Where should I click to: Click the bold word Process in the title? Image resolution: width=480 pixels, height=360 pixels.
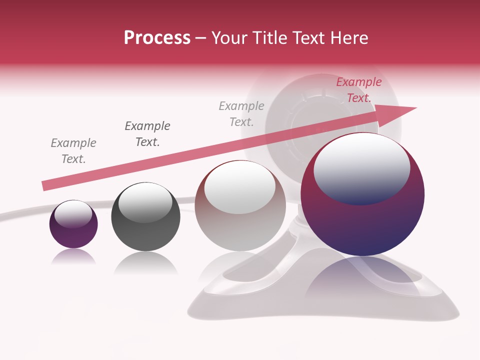(157, 38)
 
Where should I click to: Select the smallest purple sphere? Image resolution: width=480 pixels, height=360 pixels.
(73, 224)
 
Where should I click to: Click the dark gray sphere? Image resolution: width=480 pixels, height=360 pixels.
(145, 217)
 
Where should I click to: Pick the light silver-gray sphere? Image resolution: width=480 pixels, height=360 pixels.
(240, 206)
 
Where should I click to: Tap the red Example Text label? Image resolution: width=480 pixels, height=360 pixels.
(358, 90)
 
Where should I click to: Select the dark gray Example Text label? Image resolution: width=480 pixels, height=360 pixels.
(147, 134)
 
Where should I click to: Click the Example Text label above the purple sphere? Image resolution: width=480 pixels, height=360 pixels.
(73, 151)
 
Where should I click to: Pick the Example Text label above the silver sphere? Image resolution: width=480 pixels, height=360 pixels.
(241, 113)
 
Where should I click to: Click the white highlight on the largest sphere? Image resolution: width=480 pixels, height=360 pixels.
(361, 169)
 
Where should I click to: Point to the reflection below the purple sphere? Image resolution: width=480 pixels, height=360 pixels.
(73, 257)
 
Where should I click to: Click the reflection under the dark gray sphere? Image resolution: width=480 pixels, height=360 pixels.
(145, 262)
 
